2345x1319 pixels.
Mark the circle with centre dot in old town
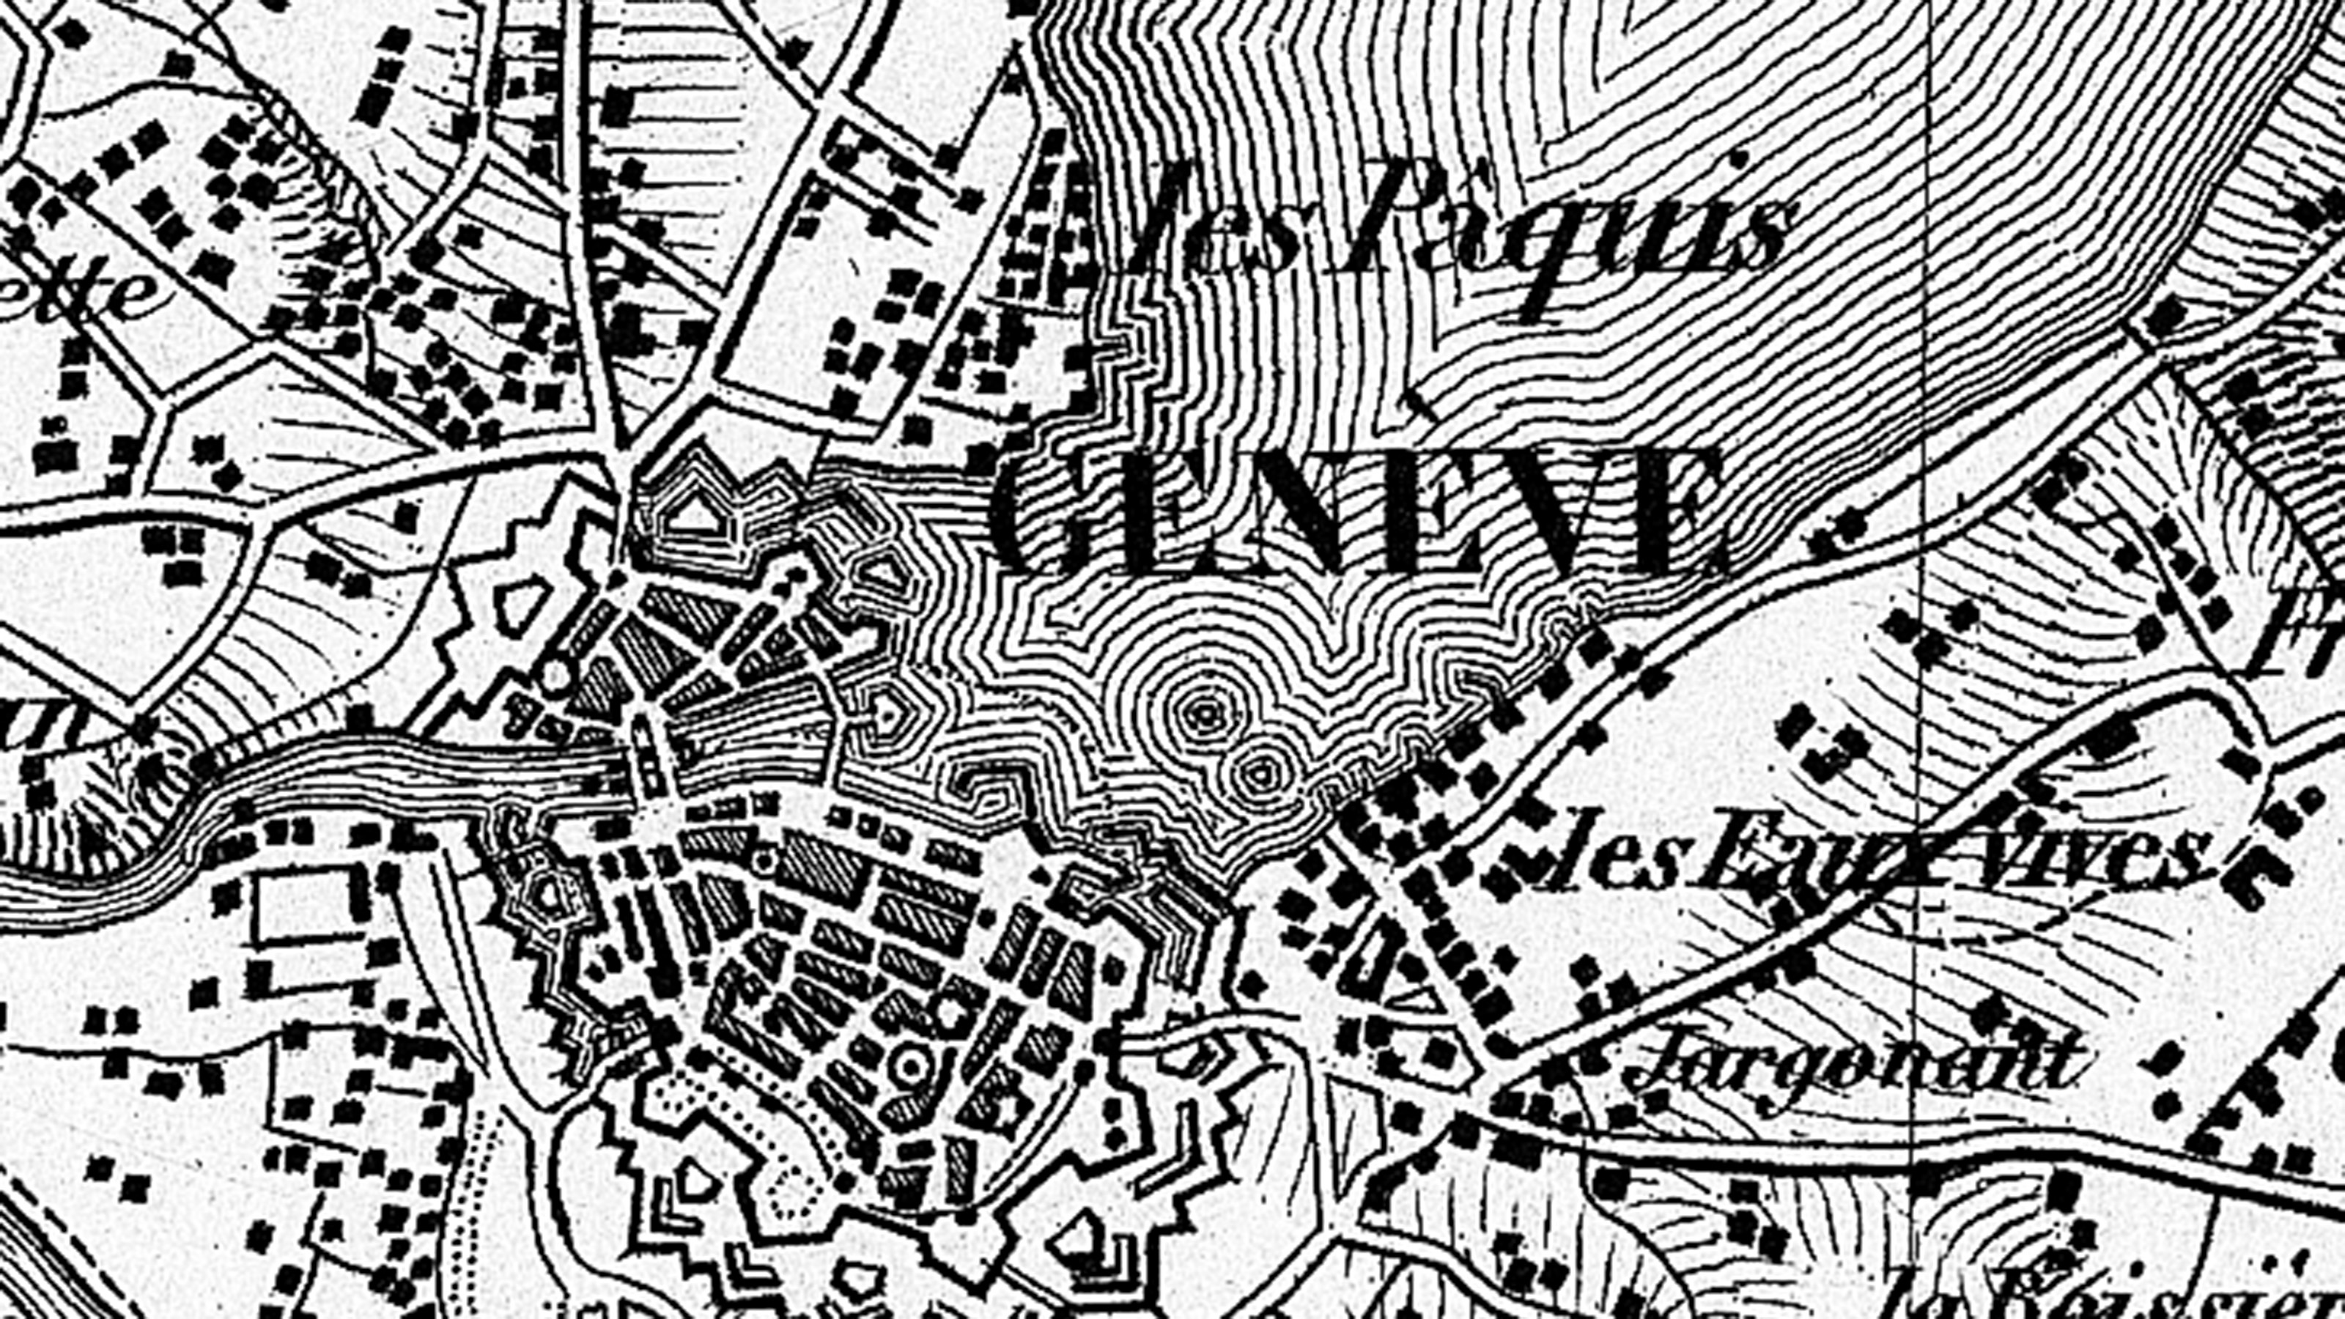pyautogui.click(x=911, y=1065)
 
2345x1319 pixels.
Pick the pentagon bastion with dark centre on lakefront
pyautogui.click(x=887, y=714)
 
